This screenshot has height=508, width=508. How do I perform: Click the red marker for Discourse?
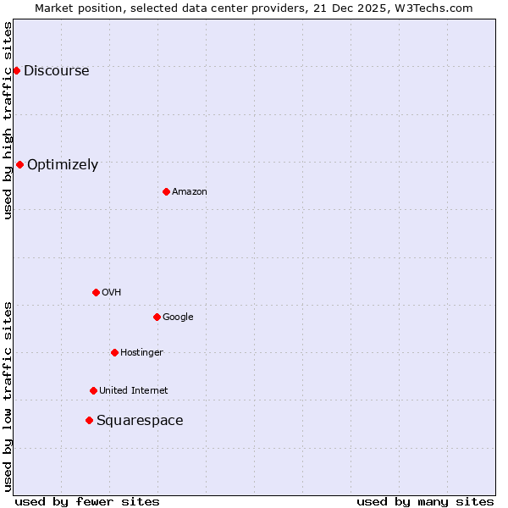click(x=16, y=70)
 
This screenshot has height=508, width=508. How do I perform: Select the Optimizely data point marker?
click(x=19, y=164)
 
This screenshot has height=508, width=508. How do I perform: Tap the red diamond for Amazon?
click(x=166, y=191)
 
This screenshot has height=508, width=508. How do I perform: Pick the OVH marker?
click(x=96, y=292)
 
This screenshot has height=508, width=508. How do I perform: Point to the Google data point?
click(x=157, y=317)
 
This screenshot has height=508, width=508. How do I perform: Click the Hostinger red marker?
click(x=114, y=352)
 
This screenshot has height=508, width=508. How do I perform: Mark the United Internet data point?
click(x=93, y=390)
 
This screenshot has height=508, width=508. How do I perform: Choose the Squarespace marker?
click(x=89, y=420)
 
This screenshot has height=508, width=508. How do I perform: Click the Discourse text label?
click(x=56, y=71)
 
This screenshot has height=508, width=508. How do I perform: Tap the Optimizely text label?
click(x=63, y=165)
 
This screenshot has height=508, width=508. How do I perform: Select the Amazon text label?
click(x=190, y=192)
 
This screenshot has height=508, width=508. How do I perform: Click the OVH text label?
click(x=111, y=293)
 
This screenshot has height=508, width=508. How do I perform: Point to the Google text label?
click(x=178, y=317)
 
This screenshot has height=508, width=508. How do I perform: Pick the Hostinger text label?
click(x=141, y=353)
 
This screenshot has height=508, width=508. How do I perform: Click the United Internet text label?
click(x=133, y=391)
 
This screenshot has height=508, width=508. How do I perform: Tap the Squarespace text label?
click(x=140, y=421)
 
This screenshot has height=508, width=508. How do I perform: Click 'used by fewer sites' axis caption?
click(x=87, y=501)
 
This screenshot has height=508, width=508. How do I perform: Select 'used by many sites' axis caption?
click(x=425, y=501)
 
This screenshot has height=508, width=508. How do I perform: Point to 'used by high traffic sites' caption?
click(x=8, y=120)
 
